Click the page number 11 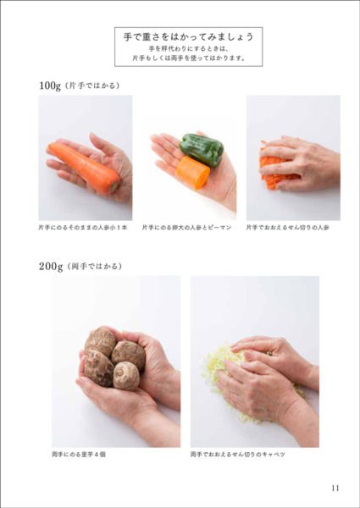pos(335,488)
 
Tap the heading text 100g pos(50,86)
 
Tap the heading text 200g pos(51,267)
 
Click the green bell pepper pos(202,150)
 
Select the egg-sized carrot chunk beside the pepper pos(193,172)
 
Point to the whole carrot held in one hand pos(84,168)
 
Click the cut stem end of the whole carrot pos(114,187)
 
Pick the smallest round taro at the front pos(126,376)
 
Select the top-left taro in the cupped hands pos(100,341)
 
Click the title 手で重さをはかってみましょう pos(188,37)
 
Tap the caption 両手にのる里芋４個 pos(79,455)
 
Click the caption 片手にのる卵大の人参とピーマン pos(186,228)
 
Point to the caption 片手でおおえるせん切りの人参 pos(288,228)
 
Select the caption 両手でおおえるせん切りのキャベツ pos(238,455)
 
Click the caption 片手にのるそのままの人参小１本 pos(83,228)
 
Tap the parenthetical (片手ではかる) pos(92,86)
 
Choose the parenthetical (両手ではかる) pos(94,267)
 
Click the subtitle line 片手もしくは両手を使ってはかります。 pos(189,58)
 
